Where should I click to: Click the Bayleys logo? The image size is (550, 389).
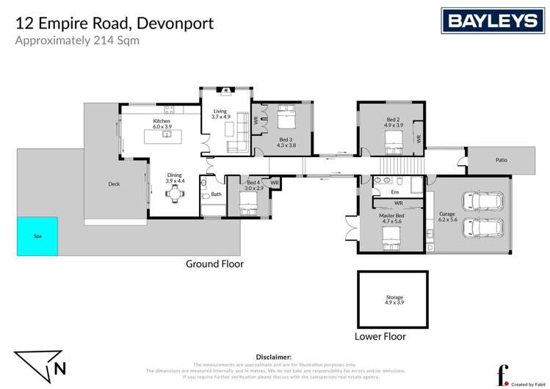click(492, 21)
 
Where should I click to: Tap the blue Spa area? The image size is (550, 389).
click(37, 236)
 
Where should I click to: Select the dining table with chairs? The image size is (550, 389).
click(174, 194)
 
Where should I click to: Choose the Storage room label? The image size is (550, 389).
click(394, 299)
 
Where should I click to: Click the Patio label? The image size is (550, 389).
click(501, 160)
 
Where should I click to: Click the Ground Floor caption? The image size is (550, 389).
click(214, 263)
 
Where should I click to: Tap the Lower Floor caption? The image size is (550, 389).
click(380, 337)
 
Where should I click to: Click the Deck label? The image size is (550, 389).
click(114, 184)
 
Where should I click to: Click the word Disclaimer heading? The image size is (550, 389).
click(274, 356)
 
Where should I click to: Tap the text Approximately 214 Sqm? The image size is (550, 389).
click(77, 40)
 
